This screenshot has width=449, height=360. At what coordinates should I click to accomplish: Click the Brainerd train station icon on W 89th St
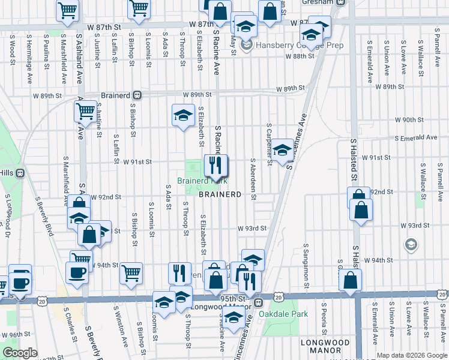(137, 95)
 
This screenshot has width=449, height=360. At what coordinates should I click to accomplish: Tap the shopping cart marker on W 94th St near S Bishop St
(131, 273)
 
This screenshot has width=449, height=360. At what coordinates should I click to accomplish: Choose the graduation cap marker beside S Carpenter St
(282, 150)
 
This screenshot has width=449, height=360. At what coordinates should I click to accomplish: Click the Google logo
(20, 353)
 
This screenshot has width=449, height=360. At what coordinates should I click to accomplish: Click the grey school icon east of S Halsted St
(411, 244)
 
